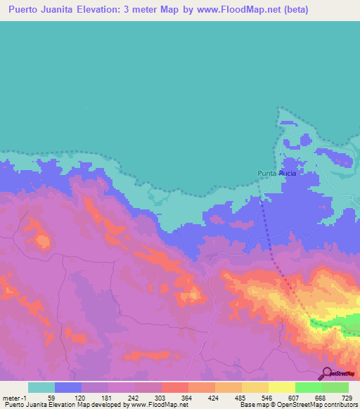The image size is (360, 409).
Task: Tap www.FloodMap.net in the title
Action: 233,10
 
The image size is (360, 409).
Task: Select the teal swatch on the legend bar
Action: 41,387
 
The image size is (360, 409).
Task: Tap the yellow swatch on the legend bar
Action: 281,387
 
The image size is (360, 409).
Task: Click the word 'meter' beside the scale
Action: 13,397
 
